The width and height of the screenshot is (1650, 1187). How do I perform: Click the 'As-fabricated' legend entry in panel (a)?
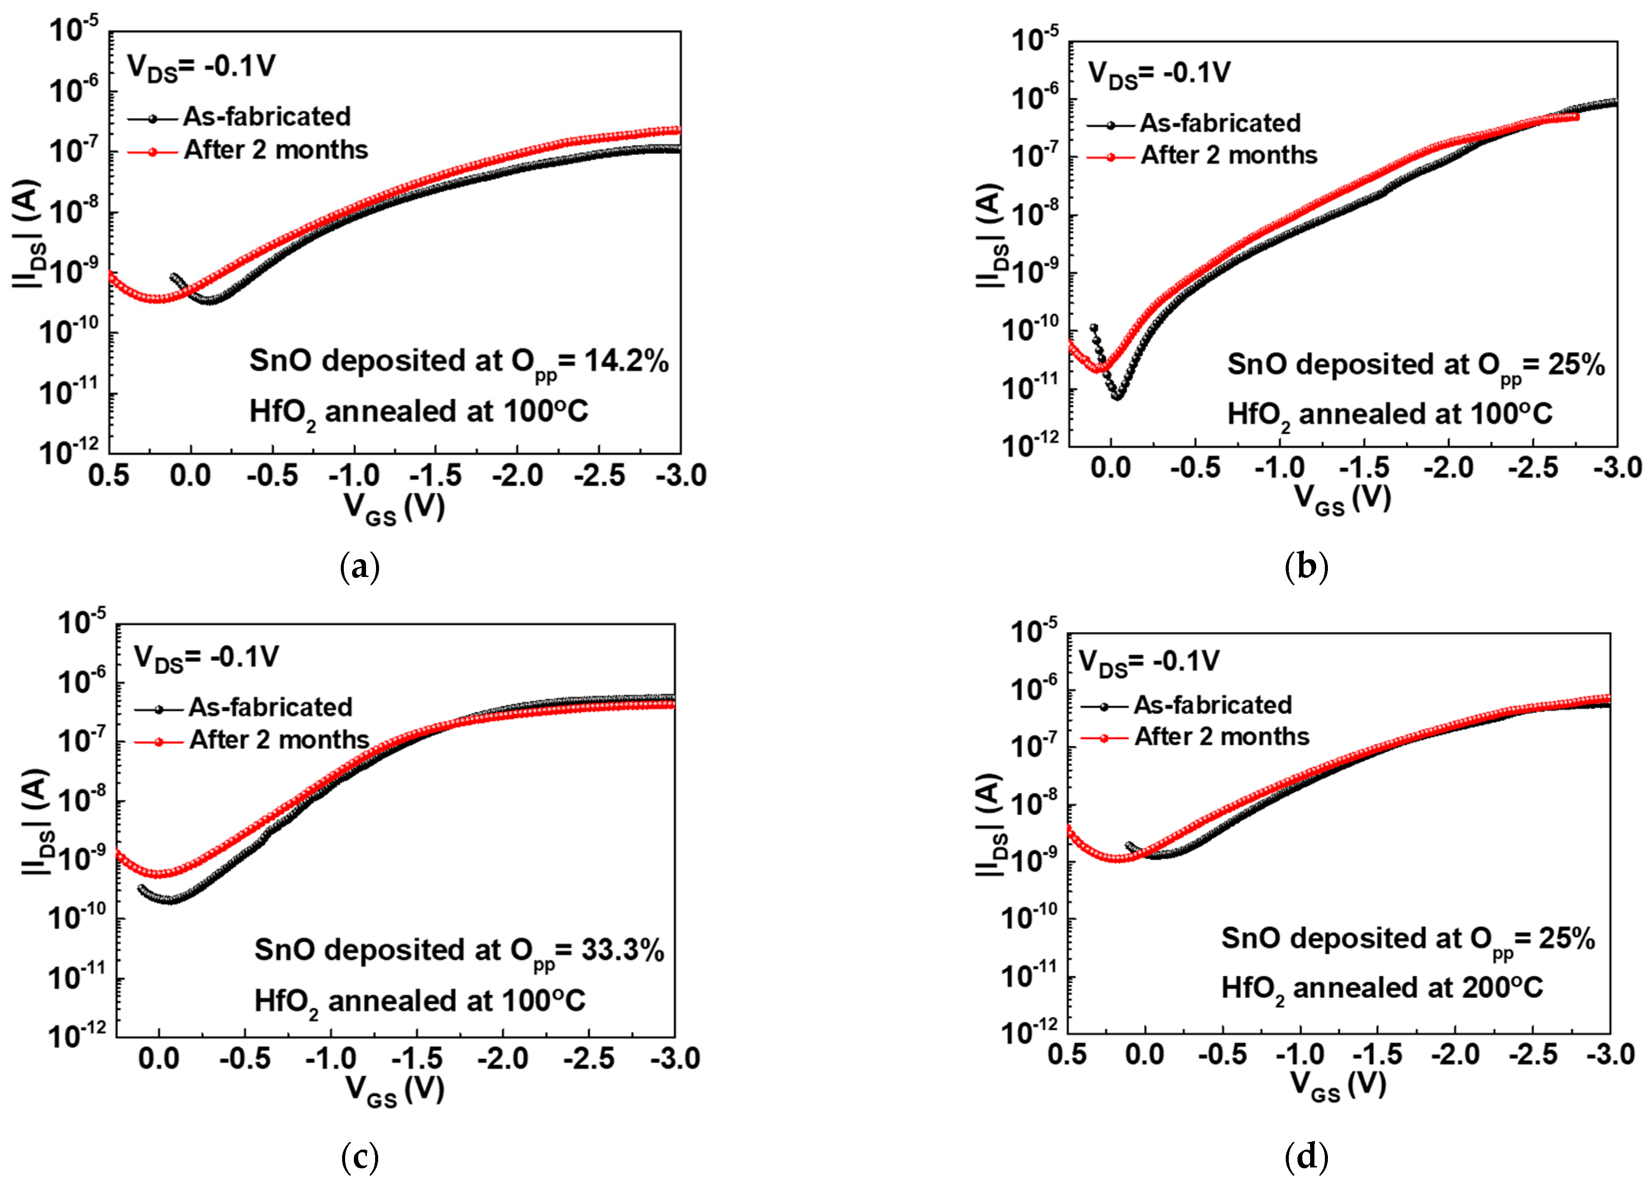tap(266, 117)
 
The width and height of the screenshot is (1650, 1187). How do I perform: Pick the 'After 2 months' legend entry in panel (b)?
tap(1228, 155)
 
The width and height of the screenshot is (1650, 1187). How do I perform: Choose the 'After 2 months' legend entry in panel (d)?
tap(1221, 737)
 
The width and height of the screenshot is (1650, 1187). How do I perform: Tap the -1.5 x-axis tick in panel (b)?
tap(1364, 468)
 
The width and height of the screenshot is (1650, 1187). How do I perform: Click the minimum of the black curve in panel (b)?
tap(1118, 397)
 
